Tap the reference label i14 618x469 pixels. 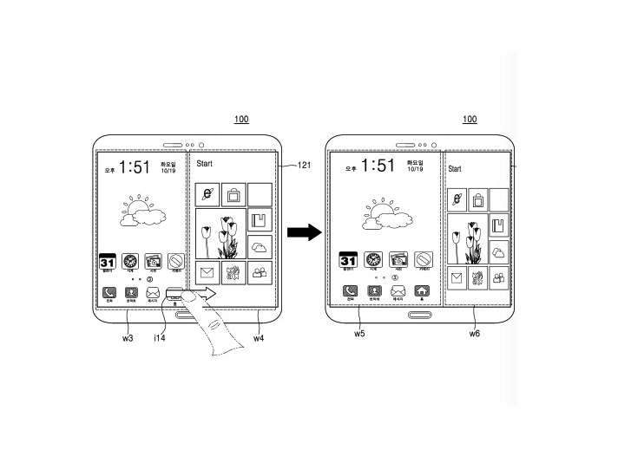click(159, 337)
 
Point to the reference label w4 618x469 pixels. click(260, 337)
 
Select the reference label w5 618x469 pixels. click(359, 333)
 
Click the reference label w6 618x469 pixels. click(475, 333)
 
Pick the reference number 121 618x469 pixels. click(305, 165)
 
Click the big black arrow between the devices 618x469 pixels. click(303, 231)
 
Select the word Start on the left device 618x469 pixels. click(205, 162)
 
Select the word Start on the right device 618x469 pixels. click(455, 169)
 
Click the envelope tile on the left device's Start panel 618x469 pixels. click(207, 273)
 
